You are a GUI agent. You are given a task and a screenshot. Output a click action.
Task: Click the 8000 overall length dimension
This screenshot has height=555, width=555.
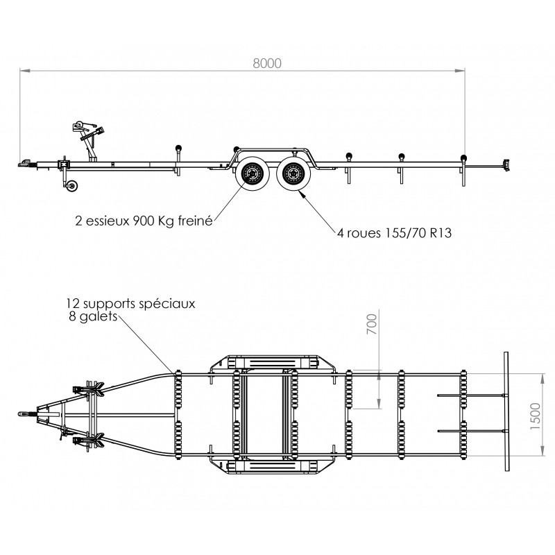tap(267, 63)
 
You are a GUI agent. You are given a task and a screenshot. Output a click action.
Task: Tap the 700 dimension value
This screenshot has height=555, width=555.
tap(372, 324)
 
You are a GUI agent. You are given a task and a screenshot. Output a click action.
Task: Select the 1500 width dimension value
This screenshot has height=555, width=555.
tap(535, 416)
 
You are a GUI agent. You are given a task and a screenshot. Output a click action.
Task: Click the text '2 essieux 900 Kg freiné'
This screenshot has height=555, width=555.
tap(144, 221)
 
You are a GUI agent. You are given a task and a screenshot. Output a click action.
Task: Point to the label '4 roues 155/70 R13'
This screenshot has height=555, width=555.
tap(394, 233)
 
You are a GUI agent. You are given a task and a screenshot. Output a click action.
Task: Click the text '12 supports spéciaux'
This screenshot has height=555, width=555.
tap(130, 303)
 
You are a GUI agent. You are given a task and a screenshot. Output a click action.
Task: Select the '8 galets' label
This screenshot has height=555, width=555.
tap(93, 316)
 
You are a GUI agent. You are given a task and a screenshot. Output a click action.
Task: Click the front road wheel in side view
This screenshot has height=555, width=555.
tap(253, 173)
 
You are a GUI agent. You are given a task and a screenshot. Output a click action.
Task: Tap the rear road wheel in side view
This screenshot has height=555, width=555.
tap(293, 174)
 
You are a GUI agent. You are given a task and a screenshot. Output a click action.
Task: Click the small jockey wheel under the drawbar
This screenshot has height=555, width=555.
tap(73, 186)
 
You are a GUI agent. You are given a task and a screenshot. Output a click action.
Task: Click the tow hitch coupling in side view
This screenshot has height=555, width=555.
tap(26, 164)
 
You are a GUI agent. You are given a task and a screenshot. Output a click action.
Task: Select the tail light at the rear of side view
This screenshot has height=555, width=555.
tap(506, 165)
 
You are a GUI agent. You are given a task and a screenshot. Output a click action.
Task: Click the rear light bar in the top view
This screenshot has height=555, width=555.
tap(506, 411)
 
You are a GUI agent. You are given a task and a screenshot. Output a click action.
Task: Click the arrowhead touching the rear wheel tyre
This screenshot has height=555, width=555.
tap(302, 193)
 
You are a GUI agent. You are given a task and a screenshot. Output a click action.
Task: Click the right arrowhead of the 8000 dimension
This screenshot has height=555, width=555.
tap(460, 71)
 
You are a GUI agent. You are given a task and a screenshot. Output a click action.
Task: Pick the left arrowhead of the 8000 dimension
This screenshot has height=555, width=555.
tap(25, 71)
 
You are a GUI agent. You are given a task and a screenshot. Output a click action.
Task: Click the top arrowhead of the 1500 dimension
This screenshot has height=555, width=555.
tap(542, 379)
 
